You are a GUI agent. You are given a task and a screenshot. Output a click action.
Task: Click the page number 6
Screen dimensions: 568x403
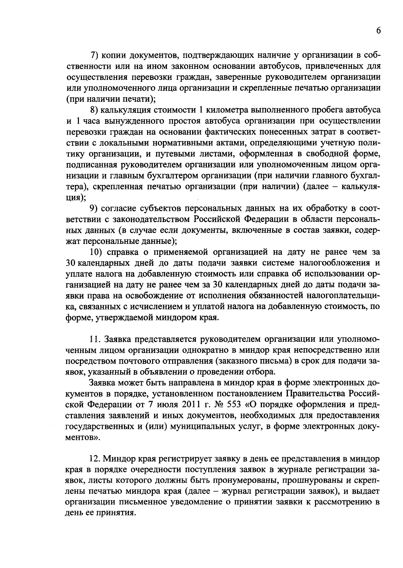(378, 31)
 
